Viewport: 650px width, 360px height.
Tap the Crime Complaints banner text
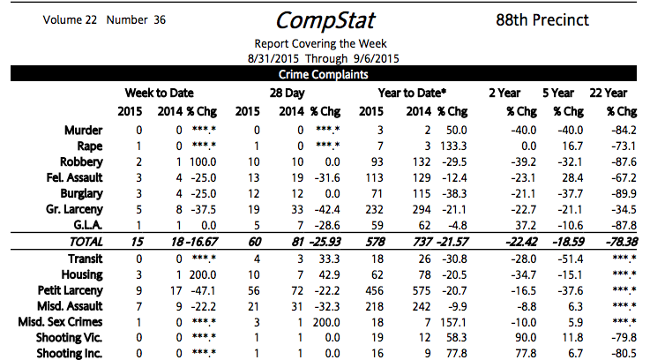pyautogui.click(x=324, y=75)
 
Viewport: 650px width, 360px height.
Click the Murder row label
pyautogui.click(x=84, y=131)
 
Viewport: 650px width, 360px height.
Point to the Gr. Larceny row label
pyautogui.click(x=75, y=210)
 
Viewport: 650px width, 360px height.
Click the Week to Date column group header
pyautogui.click(x=159, y=93)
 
